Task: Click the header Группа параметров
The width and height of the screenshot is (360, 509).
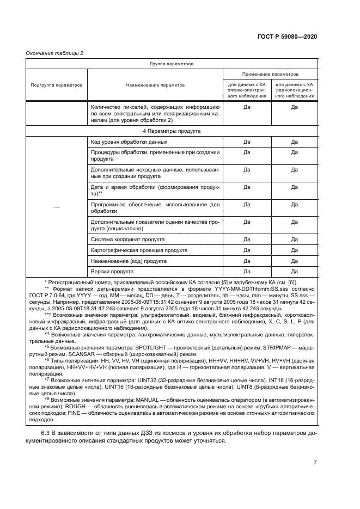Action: [x=172, y=64]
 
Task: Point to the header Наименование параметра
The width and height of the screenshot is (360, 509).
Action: [x=155, y=85]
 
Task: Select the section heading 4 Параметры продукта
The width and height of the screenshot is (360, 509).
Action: [x=172, y=131]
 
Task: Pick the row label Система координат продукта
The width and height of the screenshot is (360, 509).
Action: [x=127, y=240]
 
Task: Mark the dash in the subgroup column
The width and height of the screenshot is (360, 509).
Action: [x=56, y=206]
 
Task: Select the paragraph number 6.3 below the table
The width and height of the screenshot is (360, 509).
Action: [x=46, y=433]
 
